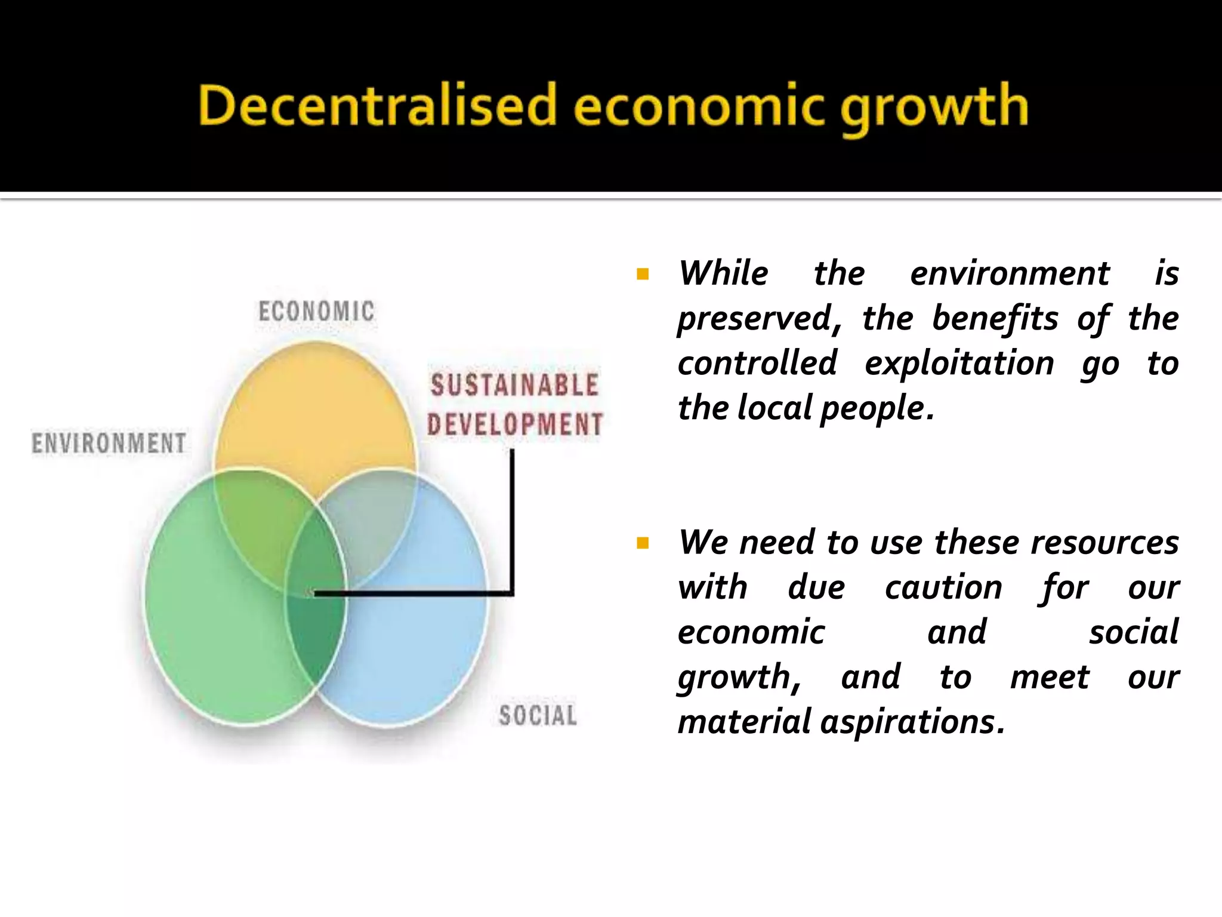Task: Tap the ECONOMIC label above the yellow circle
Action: click(316, 312)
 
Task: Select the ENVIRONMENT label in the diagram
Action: click(109, 444)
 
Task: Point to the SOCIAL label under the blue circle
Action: click(538, 715)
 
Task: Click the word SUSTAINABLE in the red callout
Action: click(514, 385)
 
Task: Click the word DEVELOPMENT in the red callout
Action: click(515, 424)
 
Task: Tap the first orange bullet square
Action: click(643, 274)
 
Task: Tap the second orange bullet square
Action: click(643, 543)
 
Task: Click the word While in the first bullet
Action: click(723, 273)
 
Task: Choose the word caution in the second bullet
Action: click(943, 587)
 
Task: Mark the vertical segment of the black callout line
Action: click(512, 519)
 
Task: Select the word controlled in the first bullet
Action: click(757, 364)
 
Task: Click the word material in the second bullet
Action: click(744, 722)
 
